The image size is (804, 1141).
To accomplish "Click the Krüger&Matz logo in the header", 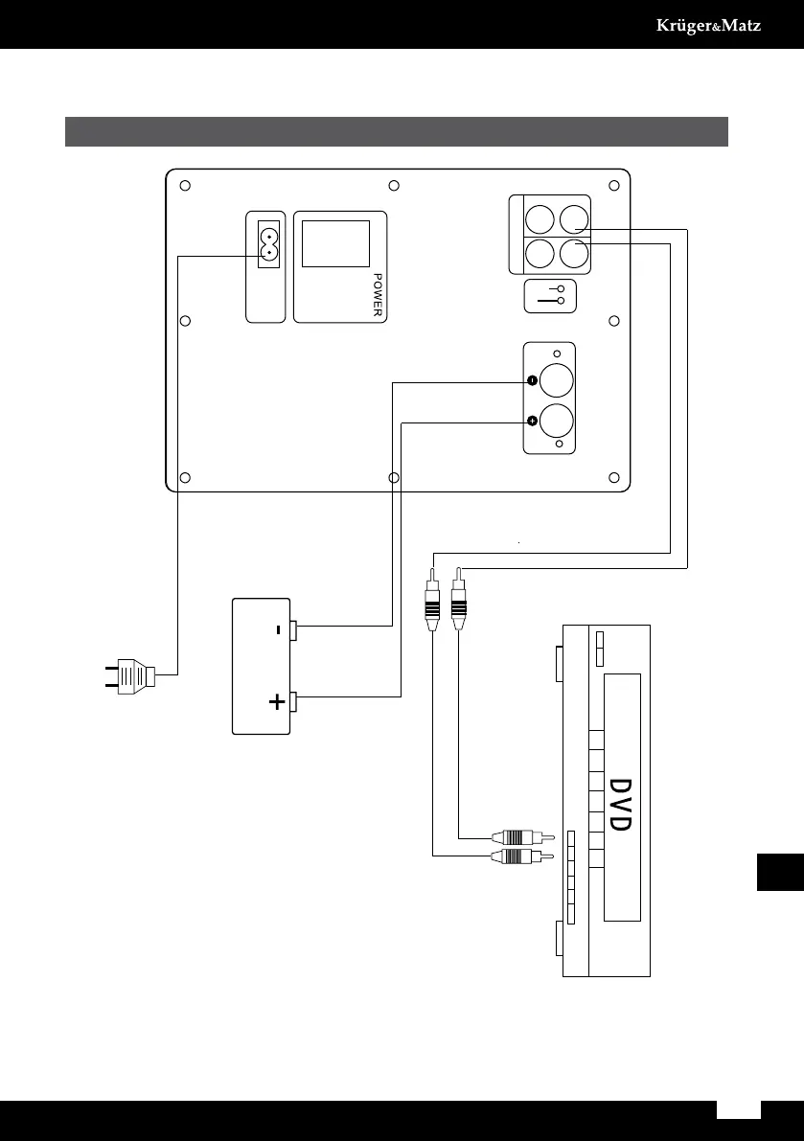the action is point(707,26).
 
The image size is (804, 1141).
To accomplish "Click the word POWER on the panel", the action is point(378,296).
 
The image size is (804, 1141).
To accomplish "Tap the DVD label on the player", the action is point(620,804).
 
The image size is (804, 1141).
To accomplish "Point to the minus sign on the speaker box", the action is point(276,630).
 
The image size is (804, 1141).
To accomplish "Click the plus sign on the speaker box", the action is point(277,702).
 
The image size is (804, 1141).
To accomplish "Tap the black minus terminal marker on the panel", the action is point(531,382).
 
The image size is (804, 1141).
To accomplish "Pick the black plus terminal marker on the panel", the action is point(531,421).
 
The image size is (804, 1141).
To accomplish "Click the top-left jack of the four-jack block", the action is point(539,217).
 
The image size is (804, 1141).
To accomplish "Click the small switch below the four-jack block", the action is point(550,295).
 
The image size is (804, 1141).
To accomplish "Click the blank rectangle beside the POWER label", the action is point(335,243).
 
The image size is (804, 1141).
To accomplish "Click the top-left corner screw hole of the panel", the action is point(187,186).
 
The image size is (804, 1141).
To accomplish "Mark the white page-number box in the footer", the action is point(738,1108).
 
